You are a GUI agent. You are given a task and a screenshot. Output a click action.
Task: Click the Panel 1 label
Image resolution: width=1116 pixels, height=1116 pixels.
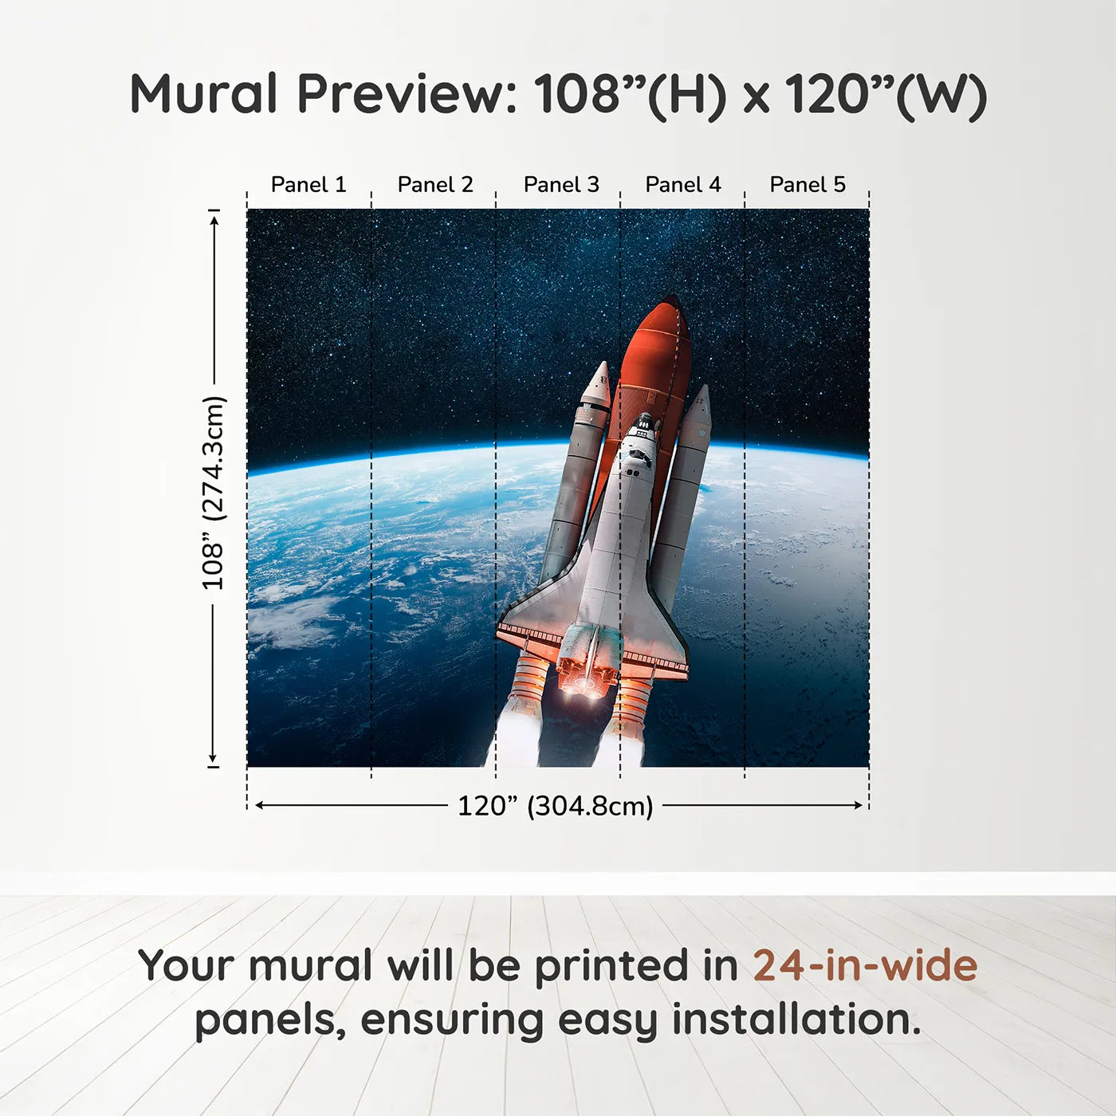coord(308,185)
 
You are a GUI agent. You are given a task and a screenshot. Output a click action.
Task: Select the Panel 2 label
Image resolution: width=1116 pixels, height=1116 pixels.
coord(435,185)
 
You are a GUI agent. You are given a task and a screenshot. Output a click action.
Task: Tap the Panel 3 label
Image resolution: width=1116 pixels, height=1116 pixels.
coord(561,185)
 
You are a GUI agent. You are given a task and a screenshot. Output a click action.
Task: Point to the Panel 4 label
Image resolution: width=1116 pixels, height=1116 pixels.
coord(683,185)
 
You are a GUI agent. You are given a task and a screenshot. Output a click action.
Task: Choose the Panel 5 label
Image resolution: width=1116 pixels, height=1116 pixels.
coord(808,185)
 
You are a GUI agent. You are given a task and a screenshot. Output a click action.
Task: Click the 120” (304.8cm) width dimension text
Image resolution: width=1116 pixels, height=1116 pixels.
coord(555,806)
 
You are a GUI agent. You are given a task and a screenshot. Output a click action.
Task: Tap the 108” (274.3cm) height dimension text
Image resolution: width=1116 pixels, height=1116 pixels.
coord(214,493)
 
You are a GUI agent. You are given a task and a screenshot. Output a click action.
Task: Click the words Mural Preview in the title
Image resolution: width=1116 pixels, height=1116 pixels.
coord(323,94)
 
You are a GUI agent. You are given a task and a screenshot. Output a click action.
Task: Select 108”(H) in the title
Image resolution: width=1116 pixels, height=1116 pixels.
coord(630,94)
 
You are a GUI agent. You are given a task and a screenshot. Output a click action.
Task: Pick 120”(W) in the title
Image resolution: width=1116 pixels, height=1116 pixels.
coord(886,94)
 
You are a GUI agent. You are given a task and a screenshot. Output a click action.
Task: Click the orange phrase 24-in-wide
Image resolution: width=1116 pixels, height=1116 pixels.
coord(865,965)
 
